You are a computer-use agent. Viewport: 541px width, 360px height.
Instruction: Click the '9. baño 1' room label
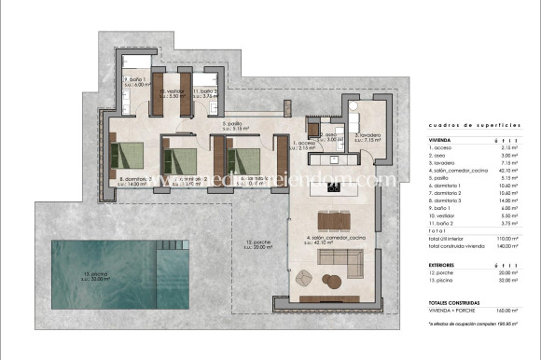coord(136,81)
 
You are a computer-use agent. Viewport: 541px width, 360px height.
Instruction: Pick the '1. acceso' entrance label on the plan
coord(306,145)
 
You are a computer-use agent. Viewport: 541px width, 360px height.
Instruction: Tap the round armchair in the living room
coord(303,277)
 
